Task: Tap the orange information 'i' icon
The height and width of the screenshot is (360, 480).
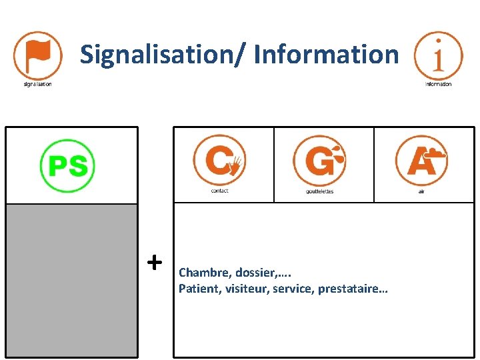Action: [x=438, y=55]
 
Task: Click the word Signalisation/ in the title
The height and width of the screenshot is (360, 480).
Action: [x=163, y=54]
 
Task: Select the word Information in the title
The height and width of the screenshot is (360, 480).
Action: [x=326, y=54]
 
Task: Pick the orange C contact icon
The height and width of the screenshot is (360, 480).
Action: [x=219, y=161]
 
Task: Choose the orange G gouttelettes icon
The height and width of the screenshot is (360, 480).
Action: [x=319, y=161]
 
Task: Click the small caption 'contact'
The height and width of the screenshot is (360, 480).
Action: [x=219, y=191]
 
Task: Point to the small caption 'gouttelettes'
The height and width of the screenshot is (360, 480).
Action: [x=319, y=191]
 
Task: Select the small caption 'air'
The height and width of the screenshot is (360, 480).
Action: [x=421, y=191]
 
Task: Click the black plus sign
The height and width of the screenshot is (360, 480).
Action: [x=154, y=261]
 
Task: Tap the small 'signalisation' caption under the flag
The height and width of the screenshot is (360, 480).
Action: [x=37, y=85]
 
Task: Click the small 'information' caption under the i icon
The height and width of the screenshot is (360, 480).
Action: [x=438, y=85]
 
